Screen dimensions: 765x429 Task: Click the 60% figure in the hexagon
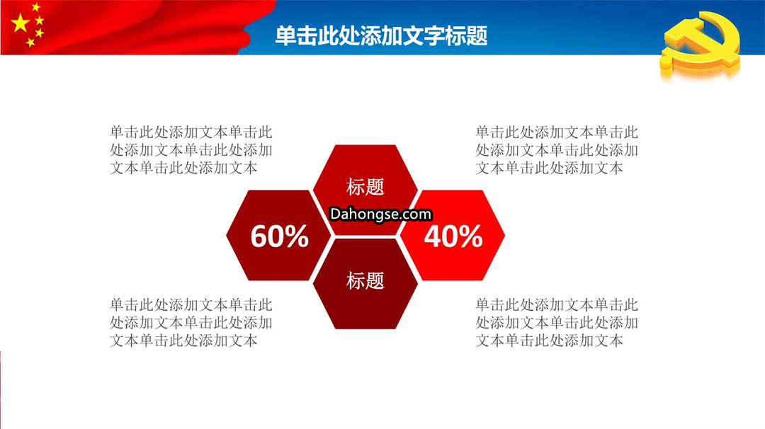[x=280, y=236]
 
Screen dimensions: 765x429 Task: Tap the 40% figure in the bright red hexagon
[x=453, y=236]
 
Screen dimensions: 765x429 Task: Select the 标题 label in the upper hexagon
[x=365, y=187]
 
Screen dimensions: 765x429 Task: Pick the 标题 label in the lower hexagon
[x=365, y=281]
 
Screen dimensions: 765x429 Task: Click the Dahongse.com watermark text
[x=380, y=214]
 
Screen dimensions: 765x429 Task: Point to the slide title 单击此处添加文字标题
[x=382, y=35]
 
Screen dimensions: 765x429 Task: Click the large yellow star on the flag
[x=20, y=23]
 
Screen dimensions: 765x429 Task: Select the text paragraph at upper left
[x=191, y=150]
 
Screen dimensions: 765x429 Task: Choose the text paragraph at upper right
[x=557, y=150]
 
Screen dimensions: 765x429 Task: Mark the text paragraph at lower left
[x=191, y=323]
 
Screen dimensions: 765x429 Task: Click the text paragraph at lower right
[x=557, y=323]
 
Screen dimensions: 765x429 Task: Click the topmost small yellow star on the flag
[x=35, y=7]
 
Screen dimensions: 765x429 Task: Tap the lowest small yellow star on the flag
[x=30, y=42]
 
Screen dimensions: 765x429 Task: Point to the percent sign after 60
[x=297, y=236]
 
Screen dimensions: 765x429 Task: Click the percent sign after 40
[x=470, y=236]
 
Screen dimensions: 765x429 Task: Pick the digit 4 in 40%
[x=432, y=236]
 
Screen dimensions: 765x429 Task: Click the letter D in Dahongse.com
[x=335, y=214]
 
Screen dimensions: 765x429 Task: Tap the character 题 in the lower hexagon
[x=375, y=281]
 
